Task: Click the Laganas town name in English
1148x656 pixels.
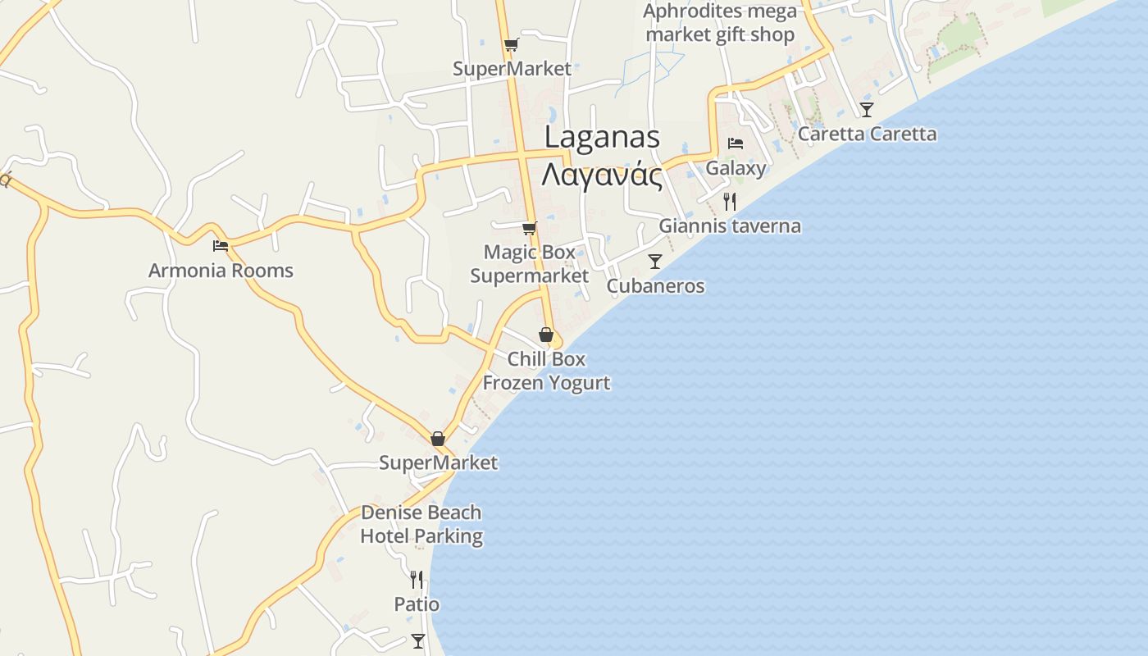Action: coord(602,137)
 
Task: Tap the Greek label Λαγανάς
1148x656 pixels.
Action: coord(602,174)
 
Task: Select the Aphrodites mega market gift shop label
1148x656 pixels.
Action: coord(720,23)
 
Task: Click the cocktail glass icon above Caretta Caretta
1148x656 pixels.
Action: coord(867,109)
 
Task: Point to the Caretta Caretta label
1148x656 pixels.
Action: coord(867,134)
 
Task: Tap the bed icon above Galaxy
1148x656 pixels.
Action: coord(736,143)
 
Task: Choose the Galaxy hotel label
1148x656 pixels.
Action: coord(736,168)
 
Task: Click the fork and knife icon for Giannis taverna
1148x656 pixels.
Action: coord(730,201)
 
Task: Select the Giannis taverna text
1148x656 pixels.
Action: coord(730,225)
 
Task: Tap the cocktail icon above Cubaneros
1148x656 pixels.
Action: coord(655,262)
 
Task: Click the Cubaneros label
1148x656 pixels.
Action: coord(655,286)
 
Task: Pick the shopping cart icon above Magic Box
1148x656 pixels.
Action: coord(529,228)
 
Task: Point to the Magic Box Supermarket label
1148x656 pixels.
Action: coord(529,263)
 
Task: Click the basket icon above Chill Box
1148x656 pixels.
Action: coord(546,335)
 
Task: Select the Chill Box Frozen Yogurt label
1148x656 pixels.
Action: coord(546,371)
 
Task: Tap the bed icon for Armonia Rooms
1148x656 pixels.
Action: coord(220,245)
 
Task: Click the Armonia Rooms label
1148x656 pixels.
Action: coord(220,270)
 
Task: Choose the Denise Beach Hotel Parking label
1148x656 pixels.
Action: coord(421,524)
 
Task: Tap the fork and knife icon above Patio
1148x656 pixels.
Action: coord(417,580)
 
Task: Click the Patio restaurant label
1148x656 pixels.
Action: coord(417,604)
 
